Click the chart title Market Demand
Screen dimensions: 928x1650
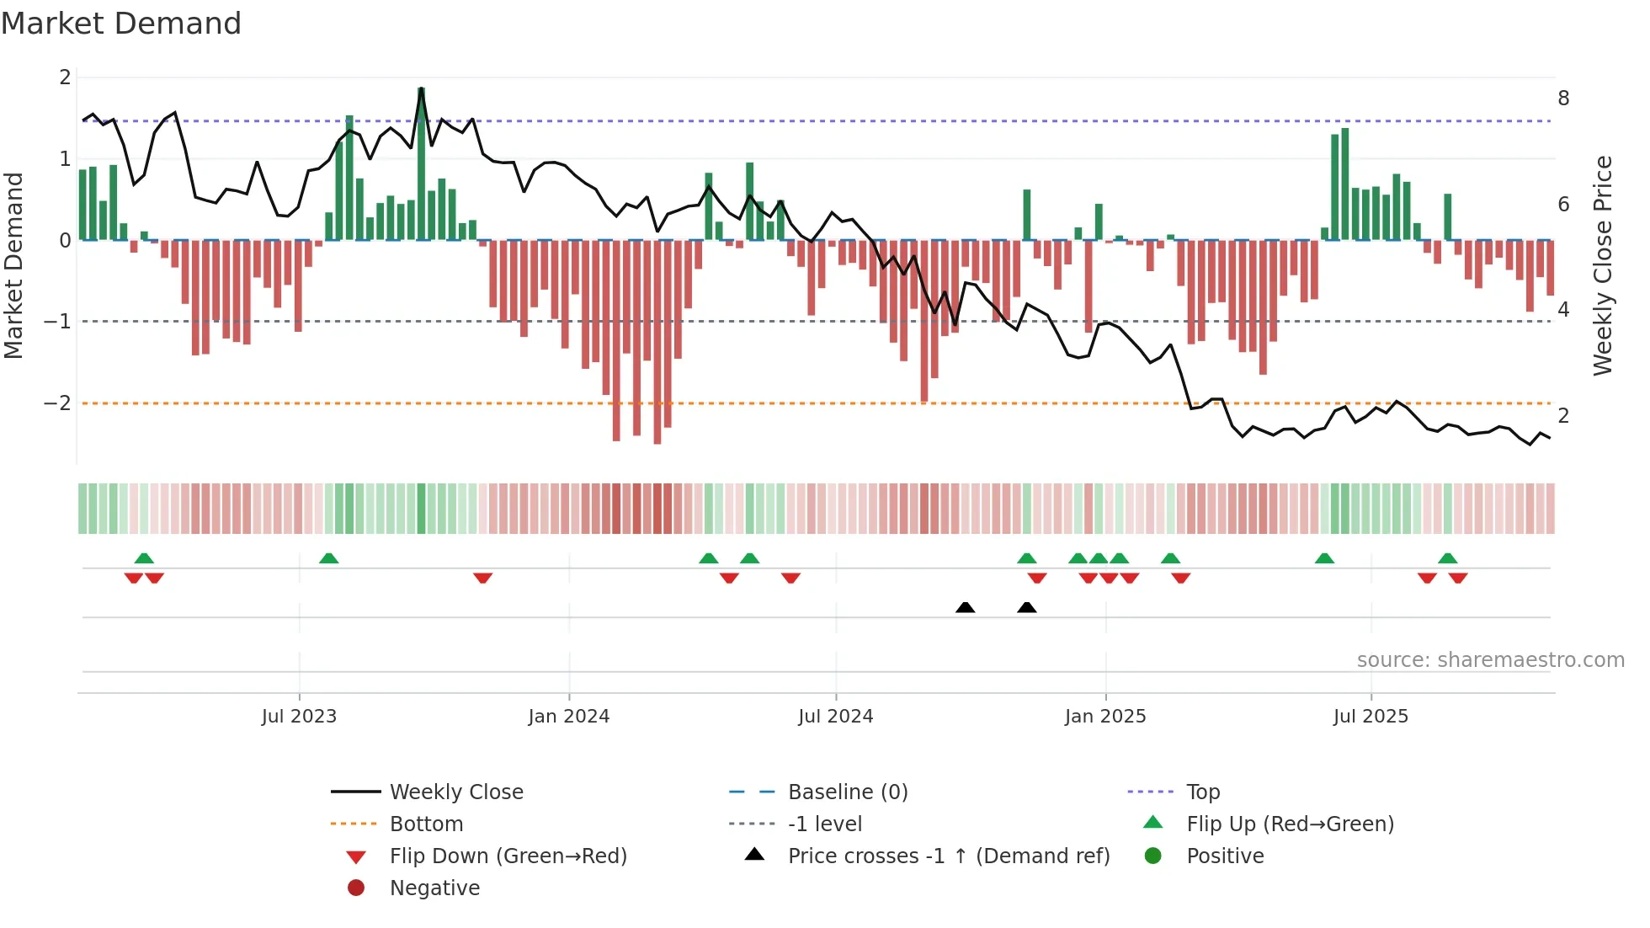(x=121, y=24)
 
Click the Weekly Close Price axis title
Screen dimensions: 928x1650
(x=1603, y=265)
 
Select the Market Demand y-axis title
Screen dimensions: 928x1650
(x=13, y=265)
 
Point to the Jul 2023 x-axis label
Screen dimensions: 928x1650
(x=299, y=717)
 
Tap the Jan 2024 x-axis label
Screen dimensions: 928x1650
(x=569, y=717)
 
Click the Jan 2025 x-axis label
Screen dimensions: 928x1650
(x=1105, y=717)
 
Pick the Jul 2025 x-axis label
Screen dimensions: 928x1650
(x=1371, y=717)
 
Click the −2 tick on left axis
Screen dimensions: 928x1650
(x=58, y=403)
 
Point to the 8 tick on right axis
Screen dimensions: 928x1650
(x=1563, y=99)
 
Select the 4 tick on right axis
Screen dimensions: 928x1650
(x=1563, y=310)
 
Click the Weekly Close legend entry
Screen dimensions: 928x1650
(x=455, y=792)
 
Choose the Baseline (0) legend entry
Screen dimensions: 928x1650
(x=847, y=792)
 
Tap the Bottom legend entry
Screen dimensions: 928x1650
(x=426, y=824)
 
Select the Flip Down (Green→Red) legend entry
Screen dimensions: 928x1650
(x=508, y=856)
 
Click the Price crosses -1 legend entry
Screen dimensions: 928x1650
(x=948, y=856)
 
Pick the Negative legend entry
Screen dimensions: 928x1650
(x=434, y=888)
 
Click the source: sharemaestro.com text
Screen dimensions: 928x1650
(x=1490, y=660)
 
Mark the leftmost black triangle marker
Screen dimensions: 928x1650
(x=966, y=607)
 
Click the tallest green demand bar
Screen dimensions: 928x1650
(x=421, y=164)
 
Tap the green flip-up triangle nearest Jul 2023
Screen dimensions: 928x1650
(x=329, y=558)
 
